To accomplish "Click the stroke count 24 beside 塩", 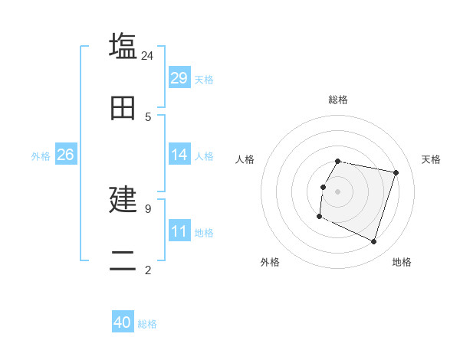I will tap(148, 56).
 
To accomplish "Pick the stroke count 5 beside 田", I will tap(148, 117).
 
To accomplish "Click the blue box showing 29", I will tap(179, 78).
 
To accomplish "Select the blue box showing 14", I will tap(179, 155).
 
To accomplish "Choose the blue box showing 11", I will tap(179, 231).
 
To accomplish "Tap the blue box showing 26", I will tap(65, 155).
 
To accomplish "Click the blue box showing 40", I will tap(123, 322).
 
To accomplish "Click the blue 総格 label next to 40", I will tap(147, 324).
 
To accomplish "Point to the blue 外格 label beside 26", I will tap(41, 156).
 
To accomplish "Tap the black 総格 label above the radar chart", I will tap(338, 100).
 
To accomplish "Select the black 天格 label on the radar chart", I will tap(431, 159).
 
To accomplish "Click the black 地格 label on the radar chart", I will tap(402, 262).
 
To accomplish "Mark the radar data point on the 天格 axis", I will tap(396, 173).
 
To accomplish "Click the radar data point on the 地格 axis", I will tap(373, 242).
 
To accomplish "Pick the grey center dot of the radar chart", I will tap(338, 191).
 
